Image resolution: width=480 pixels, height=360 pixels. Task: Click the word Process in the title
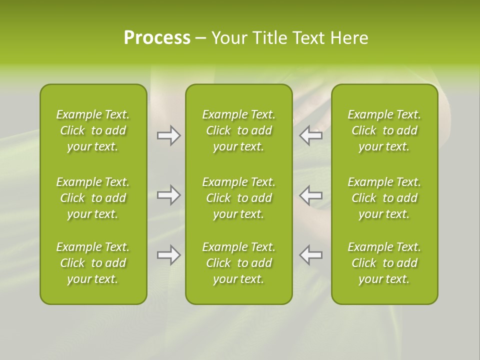point(157,38)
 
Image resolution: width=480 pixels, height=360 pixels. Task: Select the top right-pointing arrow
point(168,135)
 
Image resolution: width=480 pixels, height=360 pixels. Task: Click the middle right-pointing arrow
point(168,195)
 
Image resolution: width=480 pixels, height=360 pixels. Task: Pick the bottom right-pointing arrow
point(168,255)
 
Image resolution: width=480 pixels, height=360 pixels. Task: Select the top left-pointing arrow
point(311,135)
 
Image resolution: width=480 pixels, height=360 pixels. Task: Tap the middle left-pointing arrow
point(311,195)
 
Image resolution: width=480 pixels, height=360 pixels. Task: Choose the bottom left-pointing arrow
point(311,255)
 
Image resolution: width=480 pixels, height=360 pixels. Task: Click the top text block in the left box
point(93,130)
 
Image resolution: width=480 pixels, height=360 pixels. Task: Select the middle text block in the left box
point(93,198)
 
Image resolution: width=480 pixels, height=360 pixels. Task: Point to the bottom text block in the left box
point(93,263)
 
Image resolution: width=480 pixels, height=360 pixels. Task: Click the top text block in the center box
point(238,130)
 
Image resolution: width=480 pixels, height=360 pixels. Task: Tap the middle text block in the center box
point(238,198)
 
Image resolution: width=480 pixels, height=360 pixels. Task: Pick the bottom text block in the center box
point(238,263)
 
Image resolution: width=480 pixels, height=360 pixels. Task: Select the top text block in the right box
point(384,130)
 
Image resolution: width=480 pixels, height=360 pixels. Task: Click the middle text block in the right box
point(384,198)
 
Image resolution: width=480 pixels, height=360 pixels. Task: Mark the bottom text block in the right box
point(384,263)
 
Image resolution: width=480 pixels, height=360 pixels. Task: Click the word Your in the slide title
point(228,38)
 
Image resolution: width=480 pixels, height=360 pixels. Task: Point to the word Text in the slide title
point(309,38)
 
